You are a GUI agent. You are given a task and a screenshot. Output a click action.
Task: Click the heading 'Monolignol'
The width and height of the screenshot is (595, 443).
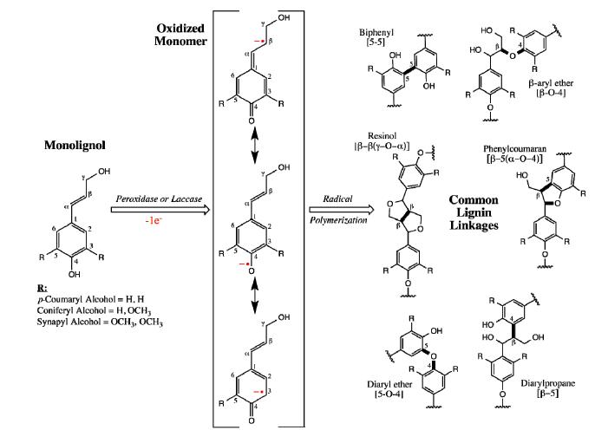click(x=75, y=146)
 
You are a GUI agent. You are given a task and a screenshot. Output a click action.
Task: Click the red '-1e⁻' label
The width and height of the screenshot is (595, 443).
click(x=163, y=220)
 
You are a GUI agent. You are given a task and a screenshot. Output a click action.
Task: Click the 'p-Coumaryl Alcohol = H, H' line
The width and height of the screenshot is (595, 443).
click(x=71, y=299)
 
